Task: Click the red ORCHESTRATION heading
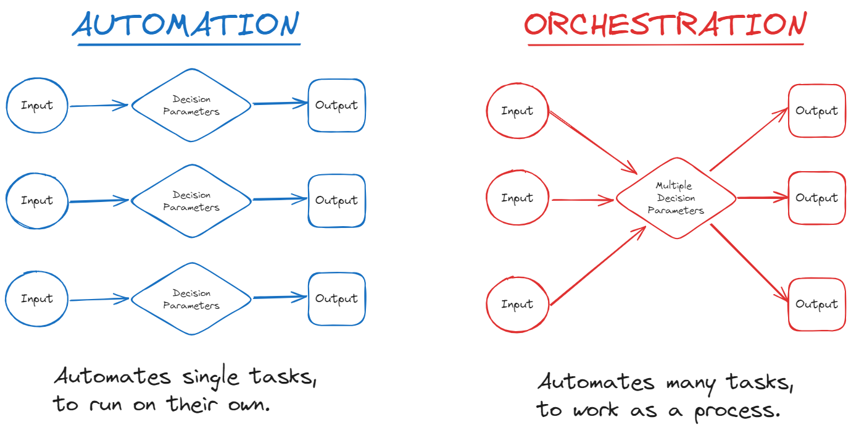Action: (665, 25)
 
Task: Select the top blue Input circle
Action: (37, 106)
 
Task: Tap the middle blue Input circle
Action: (37, 201)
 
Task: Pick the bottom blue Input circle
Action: (37, 299)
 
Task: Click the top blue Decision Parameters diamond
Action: (191, 106)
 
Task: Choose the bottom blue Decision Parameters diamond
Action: (191, 300)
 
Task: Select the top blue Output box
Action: (336, 106)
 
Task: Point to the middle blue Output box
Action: (336, 201)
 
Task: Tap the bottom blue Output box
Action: (336, 299)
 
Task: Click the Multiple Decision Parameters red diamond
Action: (676, 198)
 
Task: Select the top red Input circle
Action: (517, 111)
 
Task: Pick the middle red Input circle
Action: (517, 198)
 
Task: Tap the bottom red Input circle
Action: (517, 305)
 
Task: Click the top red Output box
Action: (816, 111)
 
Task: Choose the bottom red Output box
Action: (816, 305)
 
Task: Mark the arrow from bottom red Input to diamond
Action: (597, 266)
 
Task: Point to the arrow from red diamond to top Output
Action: (749, 139)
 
